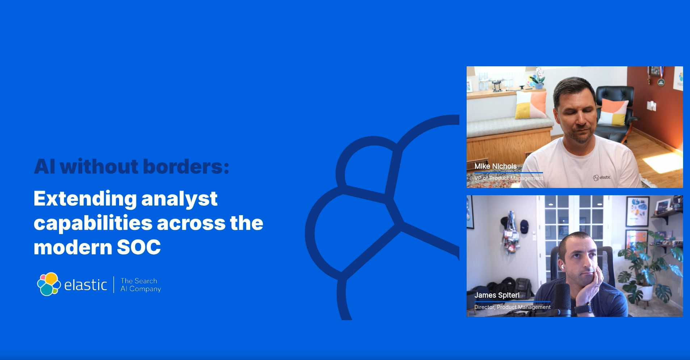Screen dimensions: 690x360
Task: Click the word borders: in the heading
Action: pos(186,166)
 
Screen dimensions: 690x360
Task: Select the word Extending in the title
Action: pos(85,198)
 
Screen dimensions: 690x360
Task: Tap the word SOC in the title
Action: pos(139,247)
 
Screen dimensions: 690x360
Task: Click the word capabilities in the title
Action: pos(93,223)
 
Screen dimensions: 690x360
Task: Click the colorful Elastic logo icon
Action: pos(49,284)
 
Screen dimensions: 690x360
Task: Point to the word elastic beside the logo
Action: pos(85,285)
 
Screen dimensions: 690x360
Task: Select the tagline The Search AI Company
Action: pos(140,285)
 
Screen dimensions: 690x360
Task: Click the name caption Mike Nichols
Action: pos(495,166)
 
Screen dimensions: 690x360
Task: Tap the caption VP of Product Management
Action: pos(509,178)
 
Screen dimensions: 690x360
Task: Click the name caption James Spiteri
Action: pos(497,295)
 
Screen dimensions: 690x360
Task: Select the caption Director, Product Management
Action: pos(512,307)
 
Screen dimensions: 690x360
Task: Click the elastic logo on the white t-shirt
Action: pos(602,177)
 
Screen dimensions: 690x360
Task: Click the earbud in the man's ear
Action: pos(563,267)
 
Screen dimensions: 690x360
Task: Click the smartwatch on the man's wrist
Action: pos(584,309)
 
